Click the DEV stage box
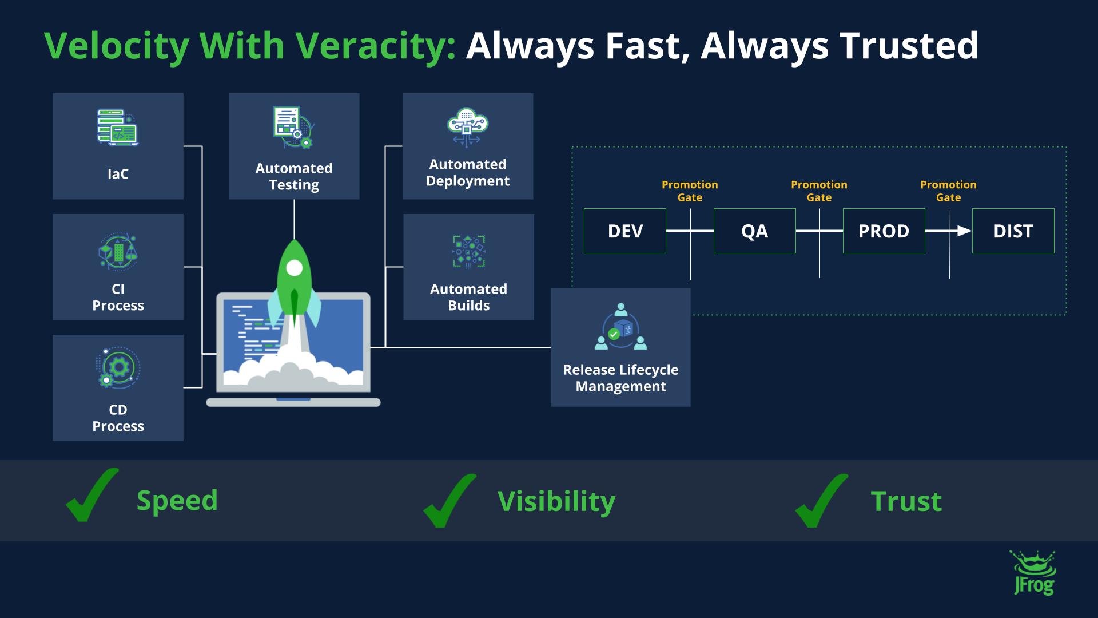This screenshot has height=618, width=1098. [x=624, y=231]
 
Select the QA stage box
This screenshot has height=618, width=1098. [x=754, y=231]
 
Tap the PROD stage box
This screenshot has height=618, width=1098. [x=884, y=231]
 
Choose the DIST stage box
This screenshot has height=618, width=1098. [x=1013, y=231]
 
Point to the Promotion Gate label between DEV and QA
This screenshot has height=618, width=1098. [x=690, y=191]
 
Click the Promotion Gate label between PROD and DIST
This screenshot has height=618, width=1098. [x=948, y=191]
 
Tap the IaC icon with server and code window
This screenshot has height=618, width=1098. [x=118, y=128]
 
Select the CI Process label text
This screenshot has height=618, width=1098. [x=118, y=297]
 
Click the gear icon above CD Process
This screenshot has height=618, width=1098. [x=118, y=368]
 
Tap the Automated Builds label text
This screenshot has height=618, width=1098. [x=468, y=297]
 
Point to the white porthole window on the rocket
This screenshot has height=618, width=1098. [x=294, y=268]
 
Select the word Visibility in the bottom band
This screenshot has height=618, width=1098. [x=556, y=502]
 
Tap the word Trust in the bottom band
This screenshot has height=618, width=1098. [x=906, y=502]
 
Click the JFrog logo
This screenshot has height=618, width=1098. [x=1034, y=573]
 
